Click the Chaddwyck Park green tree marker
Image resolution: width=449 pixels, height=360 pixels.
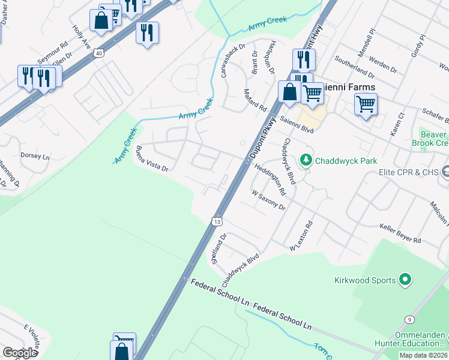[x=306, y=160]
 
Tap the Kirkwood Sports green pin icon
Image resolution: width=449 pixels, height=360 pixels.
[x=405, y=280]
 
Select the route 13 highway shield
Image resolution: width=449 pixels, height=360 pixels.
[x=217, y=221]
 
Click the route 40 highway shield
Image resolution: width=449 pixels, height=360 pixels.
[x=97, y=53]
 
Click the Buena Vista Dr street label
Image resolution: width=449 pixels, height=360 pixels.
[x=152, y=159]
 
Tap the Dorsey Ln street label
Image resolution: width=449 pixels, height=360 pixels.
[x=35, y=155]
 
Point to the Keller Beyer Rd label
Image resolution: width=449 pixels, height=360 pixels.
[x=400, y=233]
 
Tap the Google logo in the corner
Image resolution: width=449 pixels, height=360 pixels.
[x=20, y=353]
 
